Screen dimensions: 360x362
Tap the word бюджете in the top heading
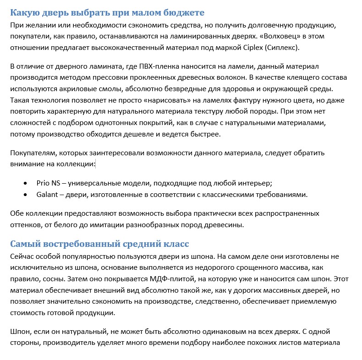[181, 12]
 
